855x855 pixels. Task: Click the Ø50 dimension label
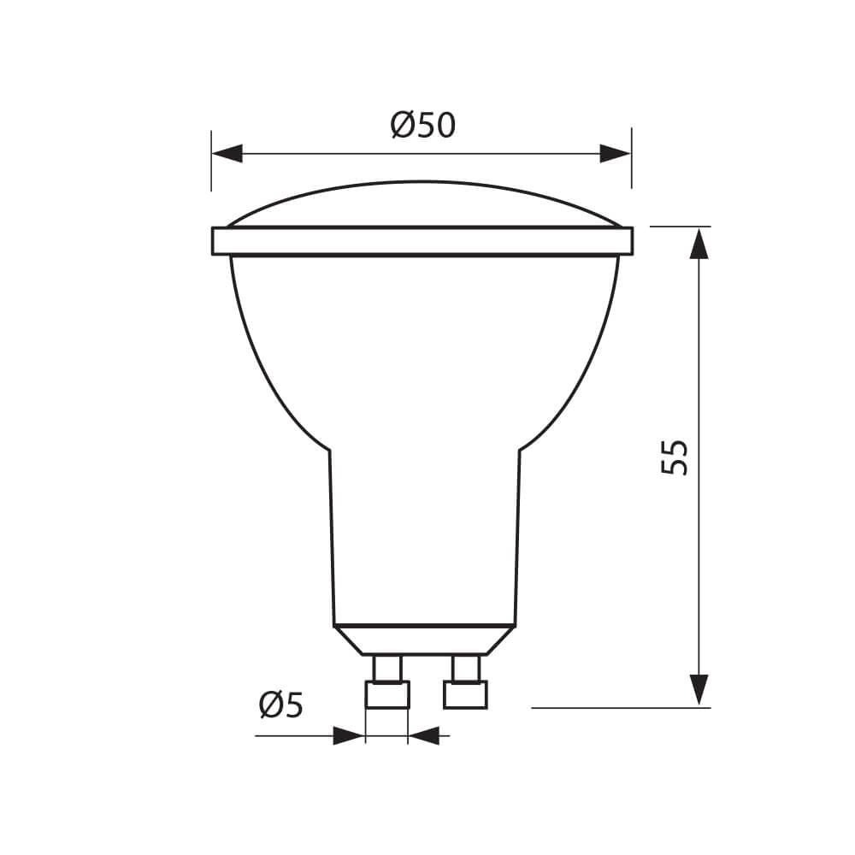click(422, 126)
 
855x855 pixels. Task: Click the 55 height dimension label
click(675, 457)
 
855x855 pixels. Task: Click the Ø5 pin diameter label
click(281, 706)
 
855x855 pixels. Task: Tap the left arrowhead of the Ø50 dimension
click(227, 154)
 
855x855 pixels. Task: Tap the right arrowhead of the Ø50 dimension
click(615, 154)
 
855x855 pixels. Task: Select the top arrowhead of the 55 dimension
click(699, 243)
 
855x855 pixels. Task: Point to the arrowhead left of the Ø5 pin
click(348, 735)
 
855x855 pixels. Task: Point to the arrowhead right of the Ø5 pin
click(425, 735)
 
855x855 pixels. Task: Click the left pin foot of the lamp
click(387, 695)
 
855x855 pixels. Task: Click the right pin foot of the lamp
click(465, 695)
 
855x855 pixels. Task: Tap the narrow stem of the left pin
click(387, 668)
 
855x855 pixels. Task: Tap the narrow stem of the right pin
click(466, 668)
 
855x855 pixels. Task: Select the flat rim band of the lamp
click(422, 241)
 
